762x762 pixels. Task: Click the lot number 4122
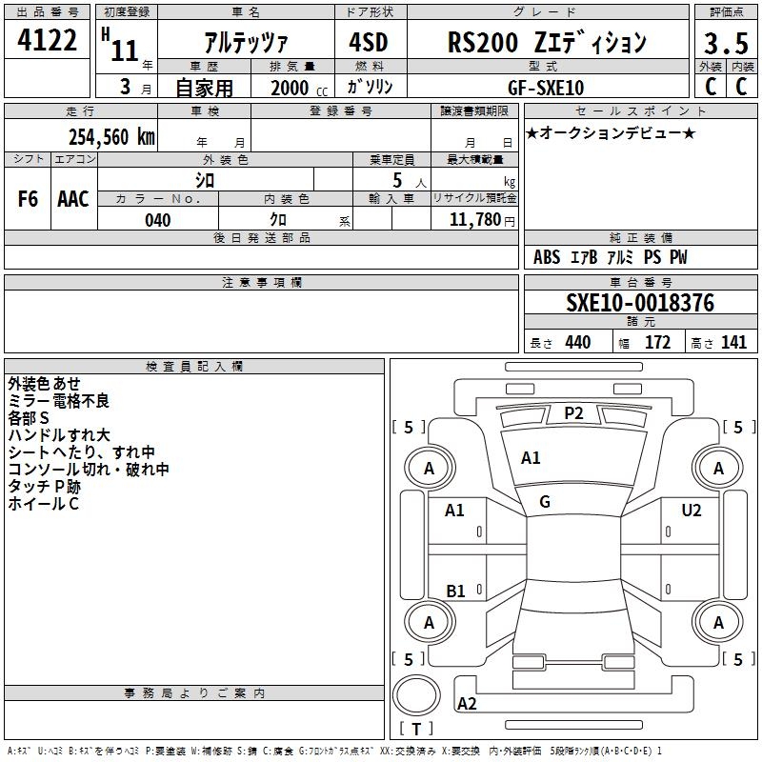(47, 40)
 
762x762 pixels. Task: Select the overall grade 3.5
(726, 43)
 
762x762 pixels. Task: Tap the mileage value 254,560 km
(111, 137)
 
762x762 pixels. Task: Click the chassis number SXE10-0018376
(640, 303)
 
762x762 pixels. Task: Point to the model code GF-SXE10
(546, 88)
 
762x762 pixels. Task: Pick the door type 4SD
(369, 42)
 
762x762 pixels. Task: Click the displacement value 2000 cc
(299, 88)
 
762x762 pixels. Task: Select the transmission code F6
(28, 199)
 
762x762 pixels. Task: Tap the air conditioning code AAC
(73, 199)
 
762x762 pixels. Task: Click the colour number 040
(158, 220)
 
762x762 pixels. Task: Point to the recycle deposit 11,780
(475, 220)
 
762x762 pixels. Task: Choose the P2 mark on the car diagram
(573, 413)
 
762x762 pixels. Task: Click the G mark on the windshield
(545, 502)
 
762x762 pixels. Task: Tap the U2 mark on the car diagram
(692, 511)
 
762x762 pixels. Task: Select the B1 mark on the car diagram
(455, 591)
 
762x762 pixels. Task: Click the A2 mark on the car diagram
(467, 704)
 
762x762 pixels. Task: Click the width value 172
(657, 343)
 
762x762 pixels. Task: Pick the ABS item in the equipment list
(547, 257)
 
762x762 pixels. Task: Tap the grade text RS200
(483, 42)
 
